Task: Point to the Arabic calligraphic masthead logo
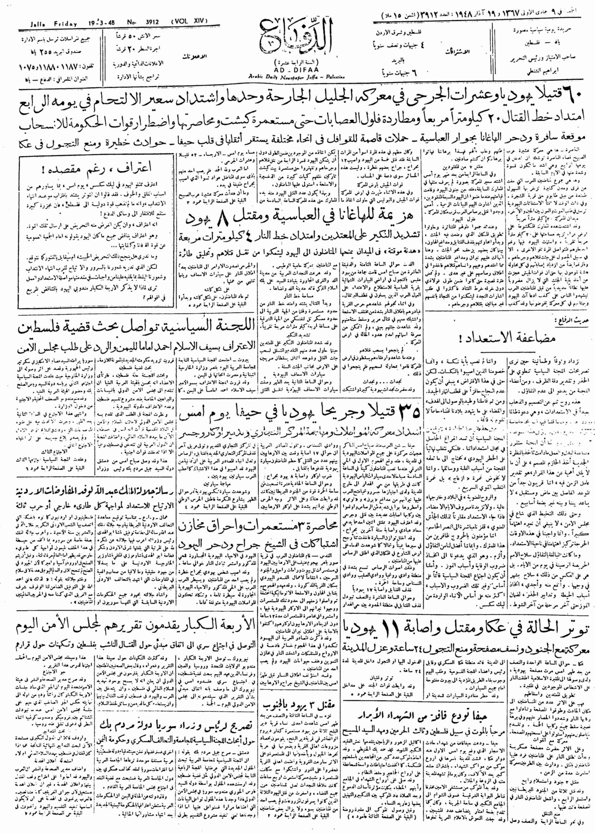(x=288, y=41)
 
